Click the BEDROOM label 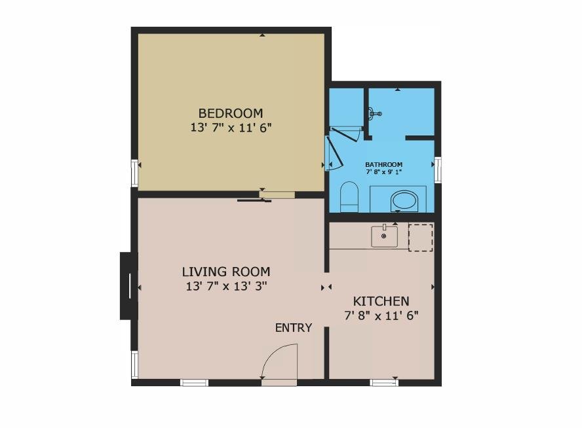(231, 113)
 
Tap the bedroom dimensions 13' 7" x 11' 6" (231, 128)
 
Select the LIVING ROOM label (226, 272)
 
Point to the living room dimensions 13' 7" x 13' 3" (226, 286)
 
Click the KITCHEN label (381, 301)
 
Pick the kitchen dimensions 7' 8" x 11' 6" (381, 315)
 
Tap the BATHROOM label (384, 164)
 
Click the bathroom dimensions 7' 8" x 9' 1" (384, 172)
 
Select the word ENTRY (294, 328)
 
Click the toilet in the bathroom (349, 197)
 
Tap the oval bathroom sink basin (404, 201)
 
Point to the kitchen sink (384, 236)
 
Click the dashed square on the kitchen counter (421, 237)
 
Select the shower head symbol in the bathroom (374, 113)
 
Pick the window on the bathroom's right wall (438, 169)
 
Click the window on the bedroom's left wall (134, 173)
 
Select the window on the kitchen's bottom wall (385, 383)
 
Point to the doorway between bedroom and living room (277, 194)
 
